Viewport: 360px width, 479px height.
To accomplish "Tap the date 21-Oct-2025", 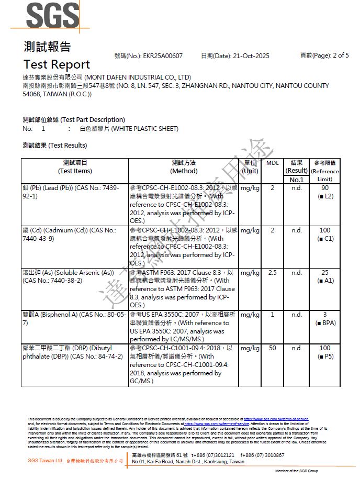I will point(250,55).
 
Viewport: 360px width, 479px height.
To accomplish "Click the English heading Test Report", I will point(57,64).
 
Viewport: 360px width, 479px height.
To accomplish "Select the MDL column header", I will point(272,163).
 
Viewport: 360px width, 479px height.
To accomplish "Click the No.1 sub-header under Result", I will point(297,180).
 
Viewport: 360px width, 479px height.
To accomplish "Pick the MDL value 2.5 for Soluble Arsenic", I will point(272,273).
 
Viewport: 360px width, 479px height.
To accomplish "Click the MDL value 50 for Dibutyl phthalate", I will point(272,348).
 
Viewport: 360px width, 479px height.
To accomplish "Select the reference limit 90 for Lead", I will point(325,188).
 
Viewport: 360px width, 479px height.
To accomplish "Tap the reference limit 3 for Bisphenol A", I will point(325,315).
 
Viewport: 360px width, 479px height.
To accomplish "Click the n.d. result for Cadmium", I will point(297,230).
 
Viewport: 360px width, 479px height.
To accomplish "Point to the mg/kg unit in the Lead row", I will point(250,188).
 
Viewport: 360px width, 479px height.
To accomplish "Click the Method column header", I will point(184,167).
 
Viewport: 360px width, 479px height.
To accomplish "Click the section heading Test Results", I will point(55,146).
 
